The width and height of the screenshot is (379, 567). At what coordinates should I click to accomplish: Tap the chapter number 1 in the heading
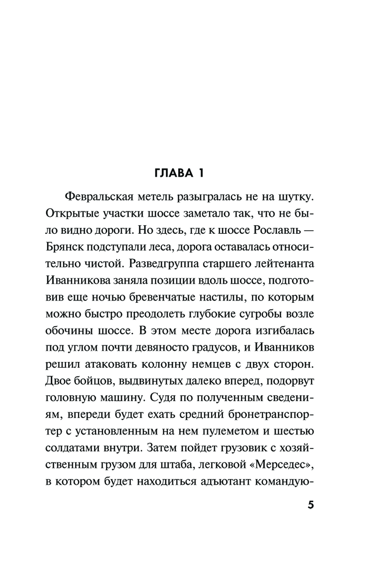200,174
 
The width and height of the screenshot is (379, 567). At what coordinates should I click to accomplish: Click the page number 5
311,506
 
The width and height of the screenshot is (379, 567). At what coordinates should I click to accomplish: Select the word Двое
58,381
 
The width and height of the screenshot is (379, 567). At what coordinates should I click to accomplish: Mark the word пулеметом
230,431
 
